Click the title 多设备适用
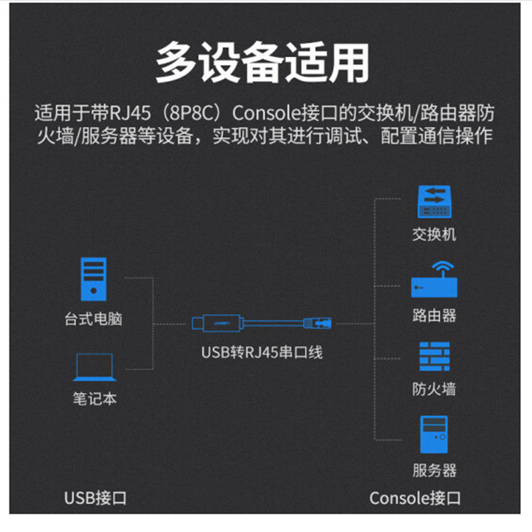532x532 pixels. [262, 63]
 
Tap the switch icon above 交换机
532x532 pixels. [434, 201]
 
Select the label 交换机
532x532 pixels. [434, 234]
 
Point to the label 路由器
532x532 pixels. [434, 315]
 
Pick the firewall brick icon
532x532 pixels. [434, 356]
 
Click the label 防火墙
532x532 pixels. [434, 389]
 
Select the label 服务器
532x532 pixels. [434, 471]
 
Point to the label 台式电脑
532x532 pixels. [93, 319]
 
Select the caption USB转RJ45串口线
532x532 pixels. [261, 352]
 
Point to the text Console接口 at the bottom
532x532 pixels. [414, 497]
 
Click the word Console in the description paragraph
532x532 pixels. [262, 113]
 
